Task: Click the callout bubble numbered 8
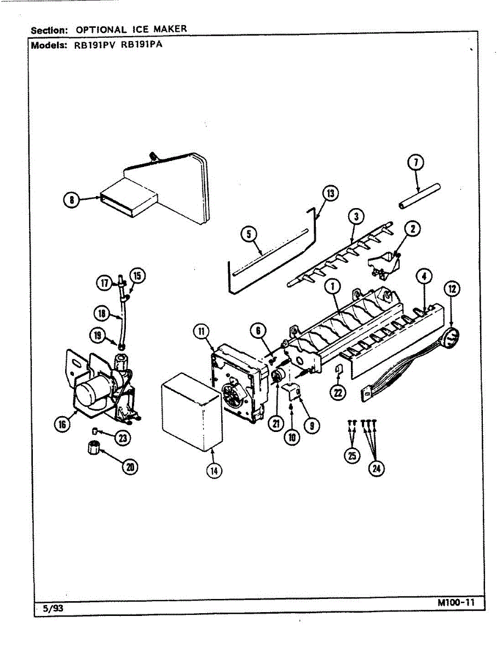[x=71, y=200]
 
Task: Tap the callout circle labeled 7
[x=417, y=163]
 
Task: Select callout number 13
[x=330, y=193]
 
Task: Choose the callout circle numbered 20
[x=131, y=466]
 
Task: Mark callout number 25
[x=353, y=457]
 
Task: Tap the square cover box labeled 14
[x=192, y=411]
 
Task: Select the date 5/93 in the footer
[x=54, y=608]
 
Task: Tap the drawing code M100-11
[x=455, y=603]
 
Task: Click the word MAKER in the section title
[x=170, y=28]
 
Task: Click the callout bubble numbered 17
[x=104, y=283]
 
